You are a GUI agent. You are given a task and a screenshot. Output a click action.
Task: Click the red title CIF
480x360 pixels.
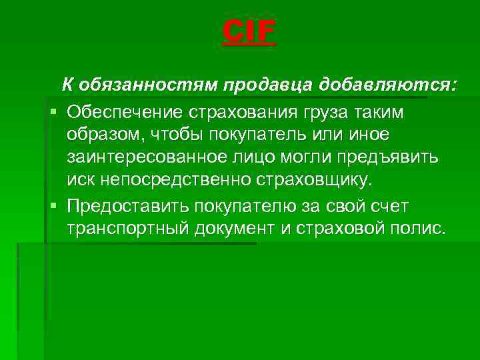click(x=249, y=32)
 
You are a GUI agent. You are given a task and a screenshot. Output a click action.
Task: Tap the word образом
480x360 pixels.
click(x=104, y=134)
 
